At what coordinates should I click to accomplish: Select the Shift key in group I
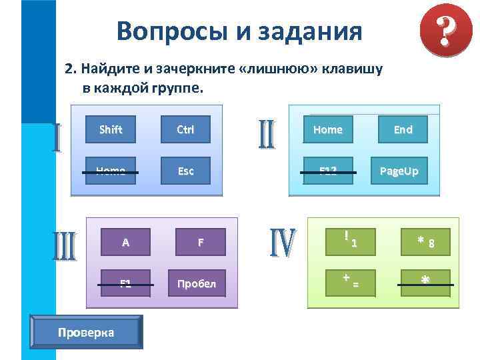pos(111,129)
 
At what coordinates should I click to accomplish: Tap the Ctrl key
pos(185,129)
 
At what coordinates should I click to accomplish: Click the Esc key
pos(185,171)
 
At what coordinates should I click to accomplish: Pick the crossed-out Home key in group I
pos(111,171)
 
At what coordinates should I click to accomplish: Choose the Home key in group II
pos(328,129)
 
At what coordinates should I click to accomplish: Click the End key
pos(403,129)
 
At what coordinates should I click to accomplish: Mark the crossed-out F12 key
pos(328,171)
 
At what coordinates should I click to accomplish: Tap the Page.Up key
pos(399,171)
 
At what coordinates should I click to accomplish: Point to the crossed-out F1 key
pos(126,284)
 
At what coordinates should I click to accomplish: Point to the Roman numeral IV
pos(283,243)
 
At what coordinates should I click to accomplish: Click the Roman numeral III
pos(65,246)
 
